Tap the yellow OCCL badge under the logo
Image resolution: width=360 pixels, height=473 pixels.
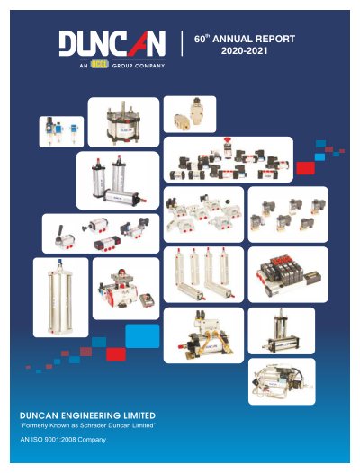[x=99, y=65]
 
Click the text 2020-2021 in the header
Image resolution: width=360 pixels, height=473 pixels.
[x=244, y=50]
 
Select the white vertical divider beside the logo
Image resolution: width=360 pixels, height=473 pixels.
[x=182, y=43]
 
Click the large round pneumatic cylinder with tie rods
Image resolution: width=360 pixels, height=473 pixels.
[x=123, y=123]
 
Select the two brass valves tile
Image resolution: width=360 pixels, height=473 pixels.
[x=190, y=114]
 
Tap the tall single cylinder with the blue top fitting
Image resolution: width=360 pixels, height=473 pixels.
[x=60, y=297]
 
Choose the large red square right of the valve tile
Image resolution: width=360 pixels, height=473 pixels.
[x=305, y=168]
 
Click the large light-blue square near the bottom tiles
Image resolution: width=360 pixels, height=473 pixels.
[x=142, y=336]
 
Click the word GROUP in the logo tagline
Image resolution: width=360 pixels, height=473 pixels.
[x=121, y=66]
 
